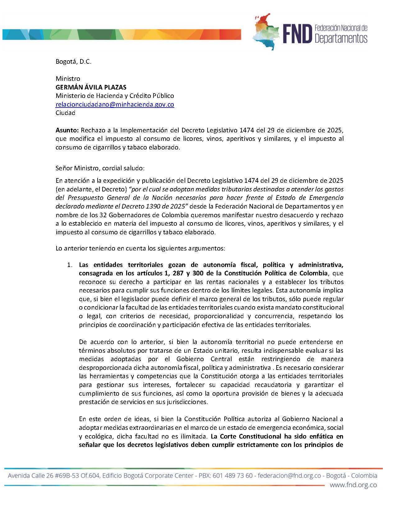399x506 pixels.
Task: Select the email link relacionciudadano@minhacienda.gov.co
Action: (115, 104)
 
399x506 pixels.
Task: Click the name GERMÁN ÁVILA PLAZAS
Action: (91, 87)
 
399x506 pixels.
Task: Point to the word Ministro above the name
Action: (68, 79)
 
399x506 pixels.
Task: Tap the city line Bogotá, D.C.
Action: (73, 62)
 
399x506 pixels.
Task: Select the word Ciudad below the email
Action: (65, 113)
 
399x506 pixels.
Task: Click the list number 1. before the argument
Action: (70, 265)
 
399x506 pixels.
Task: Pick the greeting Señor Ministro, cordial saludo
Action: (100, 168)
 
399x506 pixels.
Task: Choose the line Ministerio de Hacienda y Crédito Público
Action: (115, 96)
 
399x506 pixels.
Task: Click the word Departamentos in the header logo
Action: (341, 39)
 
